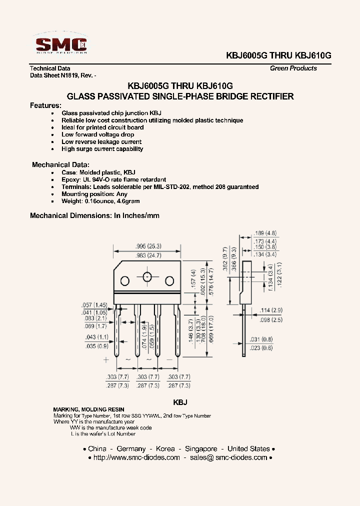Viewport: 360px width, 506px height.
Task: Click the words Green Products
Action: click(x=293, y=68)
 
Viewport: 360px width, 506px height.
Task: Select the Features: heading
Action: click(x=45, y=105)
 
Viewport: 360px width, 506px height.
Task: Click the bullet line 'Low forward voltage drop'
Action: click(x=97, y=134)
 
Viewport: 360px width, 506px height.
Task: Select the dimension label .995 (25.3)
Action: click(x=148, y=246)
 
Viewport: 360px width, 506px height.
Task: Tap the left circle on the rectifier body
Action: click(x=125, y=279)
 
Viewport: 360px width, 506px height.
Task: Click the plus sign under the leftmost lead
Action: click(x=106, y=359)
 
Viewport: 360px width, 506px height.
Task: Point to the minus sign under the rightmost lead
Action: click(x=169, y=359)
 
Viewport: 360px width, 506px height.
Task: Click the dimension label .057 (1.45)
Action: click(x=94, y=305)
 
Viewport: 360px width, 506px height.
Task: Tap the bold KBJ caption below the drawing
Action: click(x=180, y=402)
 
